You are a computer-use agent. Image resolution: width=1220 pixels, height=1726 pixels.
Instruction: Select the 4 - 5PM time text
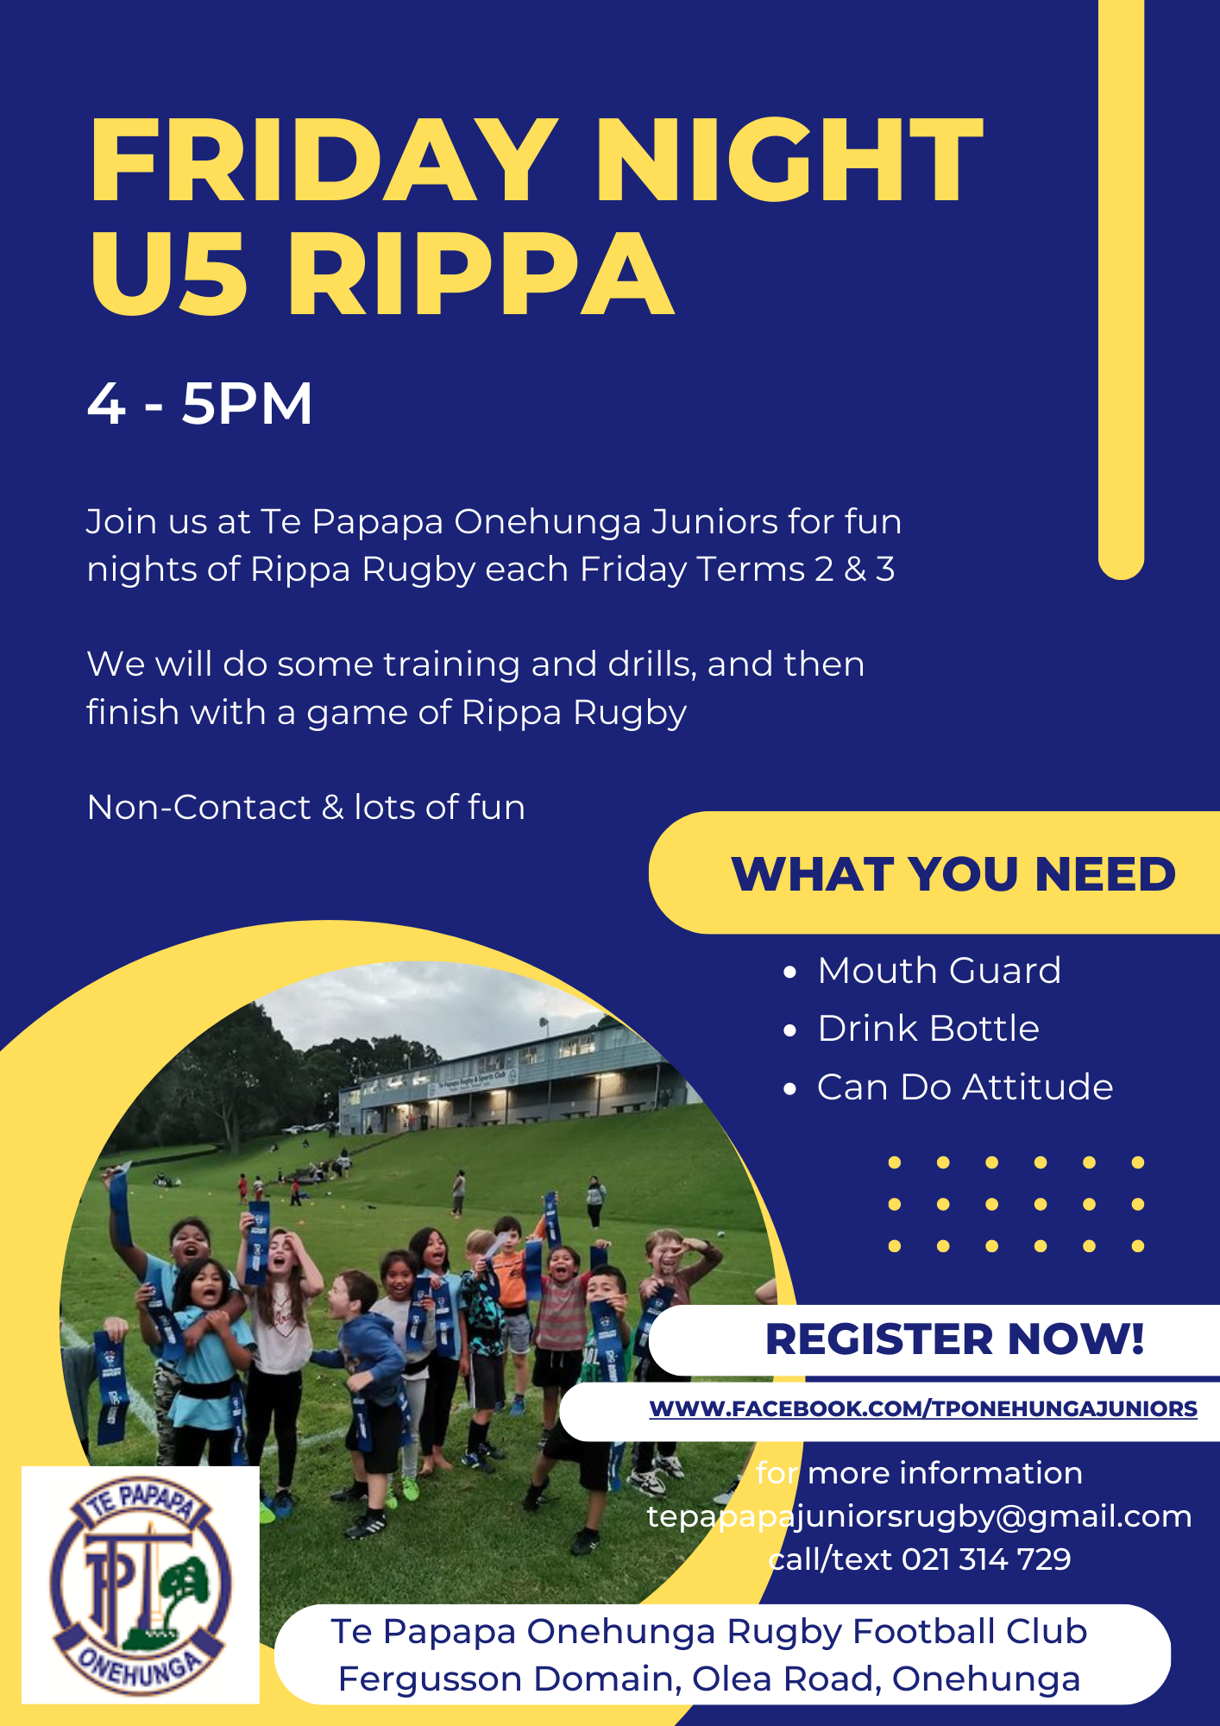(199, 403)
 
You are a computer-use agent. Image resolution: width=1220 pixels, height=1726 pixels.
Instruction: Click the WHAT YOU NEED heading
(953, 873)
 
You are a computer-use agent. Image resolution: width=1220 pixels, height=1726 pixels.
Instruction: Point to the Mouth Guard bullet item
(939, 971)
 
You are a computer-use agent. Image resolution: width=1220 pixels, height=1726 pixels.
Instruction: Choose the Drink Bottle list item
(928, 1029)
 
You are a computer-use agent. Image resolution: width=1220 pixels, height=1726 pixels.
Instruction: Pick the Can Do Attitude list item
(965, 1087)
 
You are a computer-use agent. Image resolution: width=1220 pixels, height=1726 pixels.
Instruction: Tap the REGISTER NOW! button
(954, 1339)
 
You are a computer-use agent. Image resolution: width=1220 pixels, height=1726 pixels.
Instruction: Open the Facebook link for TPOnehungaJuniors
(923, 1409)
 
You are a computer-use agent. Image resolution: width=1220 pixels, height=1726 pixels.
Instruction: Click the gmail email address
(919, 1516)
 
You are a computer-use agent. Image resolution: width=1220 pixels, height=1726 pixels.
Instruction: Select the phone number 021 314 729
(986, 1559)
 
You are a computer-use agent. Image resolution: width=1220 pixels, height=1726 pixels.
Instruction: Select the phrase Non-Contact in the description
(199, 808)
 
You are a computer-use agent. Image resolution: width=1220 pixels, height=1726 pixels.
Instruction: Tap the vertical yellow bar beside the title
(1121, 285)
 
